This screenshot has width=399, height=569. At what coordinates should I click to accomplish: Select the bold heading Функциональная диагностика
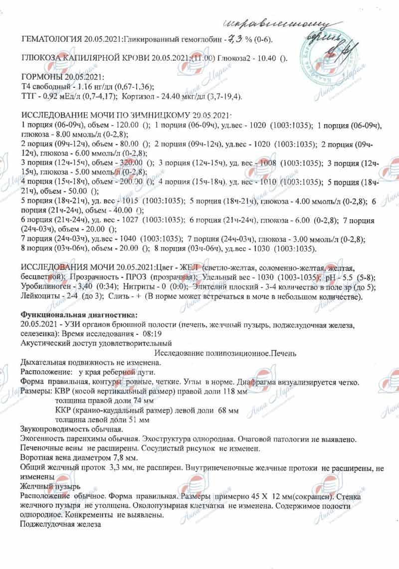[78, 315]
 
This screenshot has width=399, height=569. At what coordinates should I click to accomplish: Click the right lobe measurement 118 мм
[234, 392]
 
